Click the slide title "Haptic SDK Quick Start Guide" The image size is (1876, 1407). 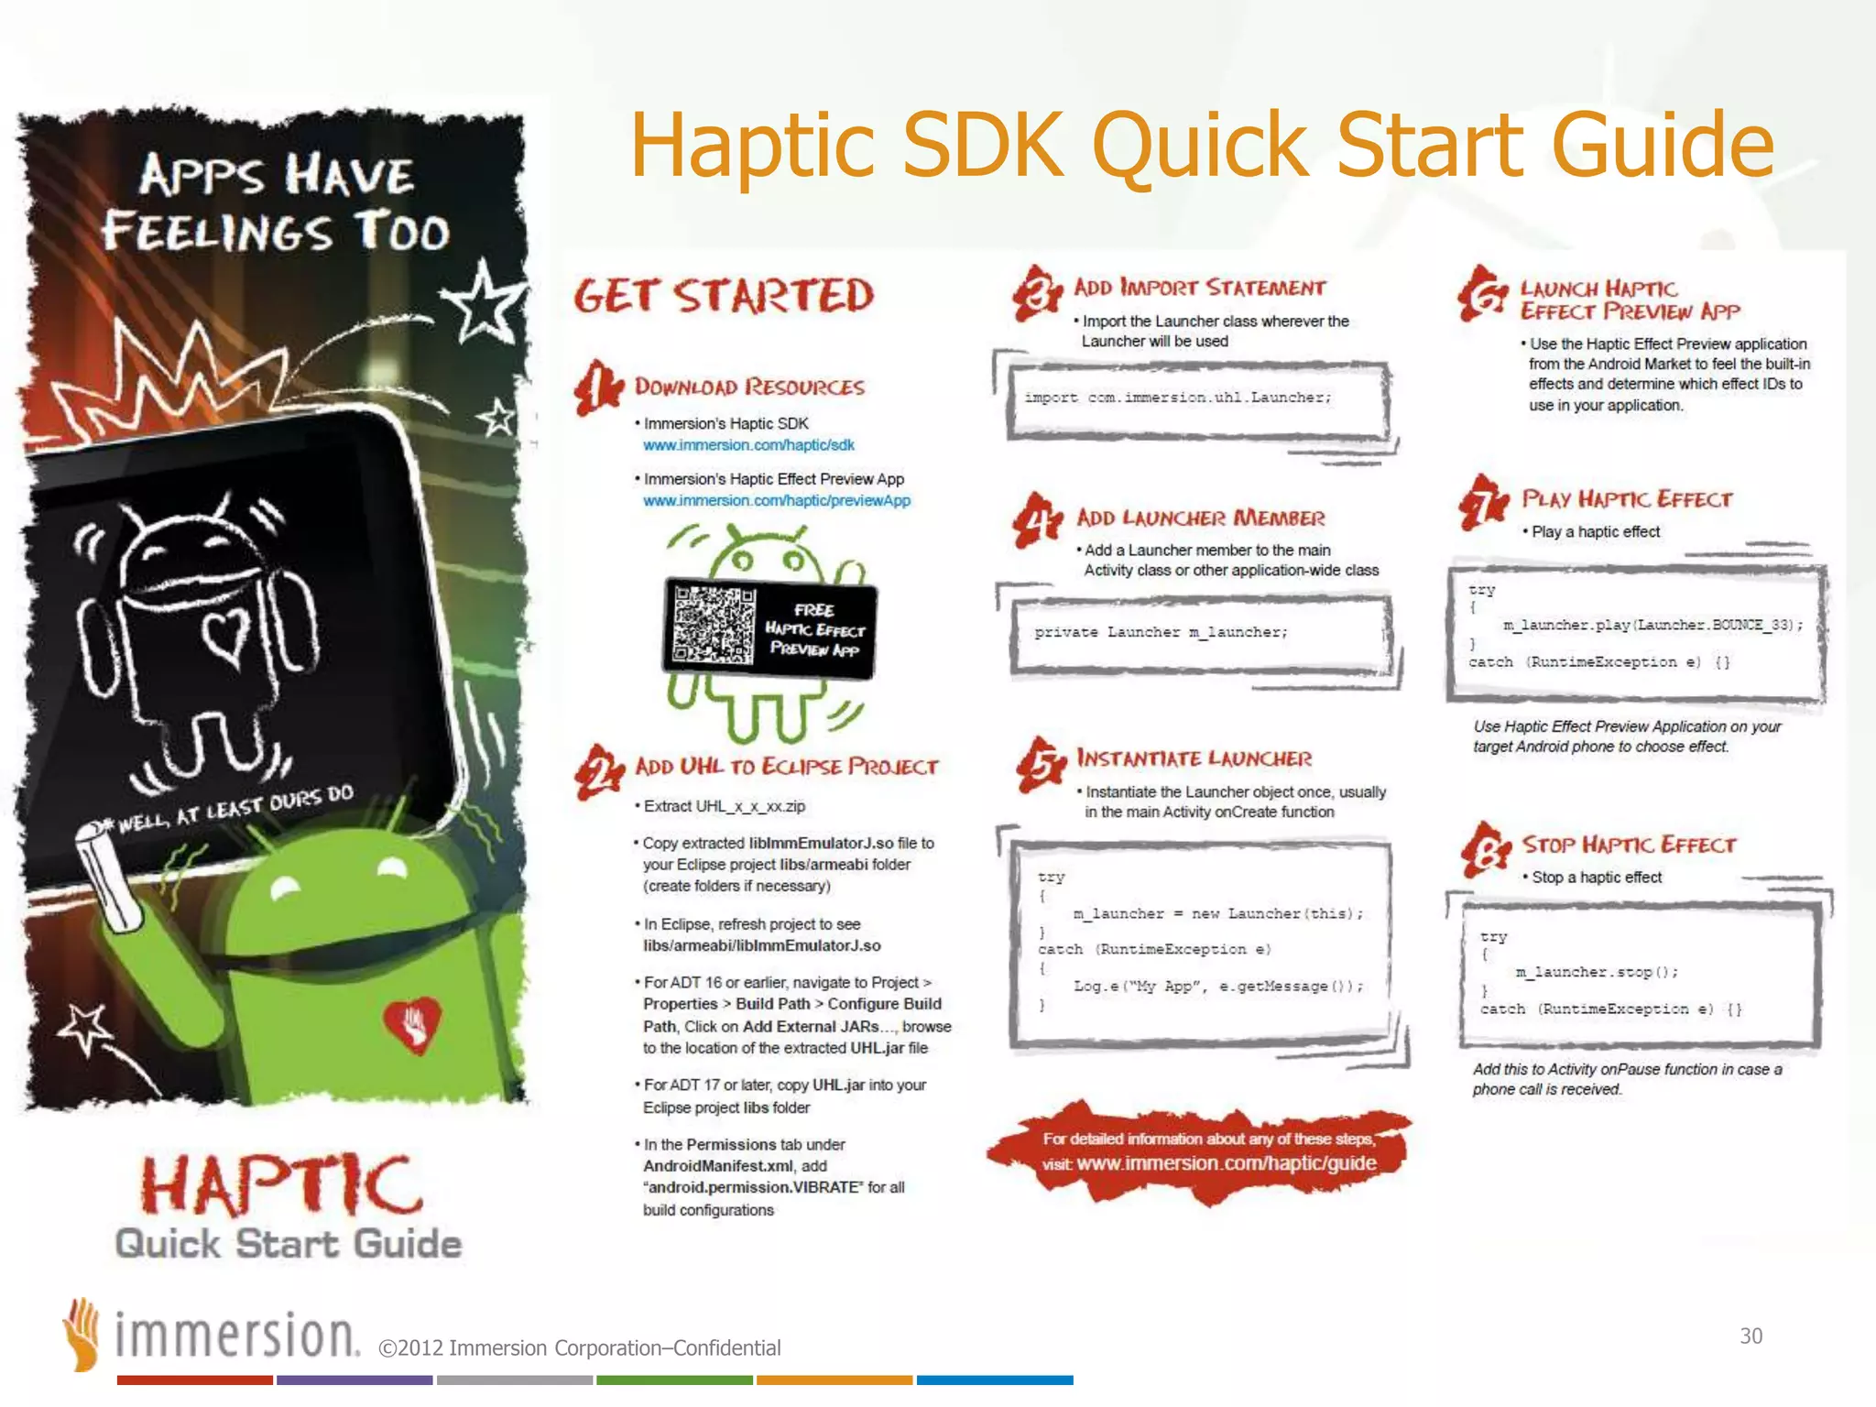coord(1201,145)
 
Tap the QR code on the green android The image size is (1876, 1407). coord(714,625)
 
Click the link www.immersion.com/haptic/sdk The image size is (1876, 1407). coord(748,445)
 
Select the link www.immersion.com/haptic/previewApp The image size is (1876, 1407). coord(777,501)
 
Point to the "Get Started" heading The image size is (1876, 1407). coord(724,296)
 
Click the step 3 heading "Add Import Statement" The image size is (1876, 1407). coord(1199,288)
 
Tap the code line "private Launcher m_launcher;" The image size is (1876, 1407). coord(1161,632)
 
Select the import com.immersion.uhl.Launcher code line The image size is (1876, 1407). coord(1178,398)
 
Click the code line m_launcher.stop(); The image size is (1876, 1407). coord(1597,972)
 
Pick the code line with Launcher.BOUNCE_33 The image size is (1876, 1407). coord(1652,625)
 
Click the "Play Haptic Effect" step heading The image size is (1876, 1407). coord(1627,499)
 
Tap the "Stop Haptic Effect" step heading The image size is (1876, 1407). coord(1629,845)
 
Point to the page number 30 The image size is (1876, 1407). coord(1751,1336)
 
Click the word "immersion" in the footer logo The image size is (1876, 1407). coord(236,1336)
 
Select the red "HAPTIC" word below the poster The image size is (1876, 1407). coord(281,1184)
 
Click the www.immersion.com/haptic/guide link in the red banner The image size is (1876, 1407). coord(1227,1163)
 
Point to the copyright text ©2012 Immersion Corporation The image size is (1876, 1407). coord(579,1347)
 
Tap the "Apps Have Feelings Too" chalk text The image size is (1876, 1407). coord(275,203)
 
